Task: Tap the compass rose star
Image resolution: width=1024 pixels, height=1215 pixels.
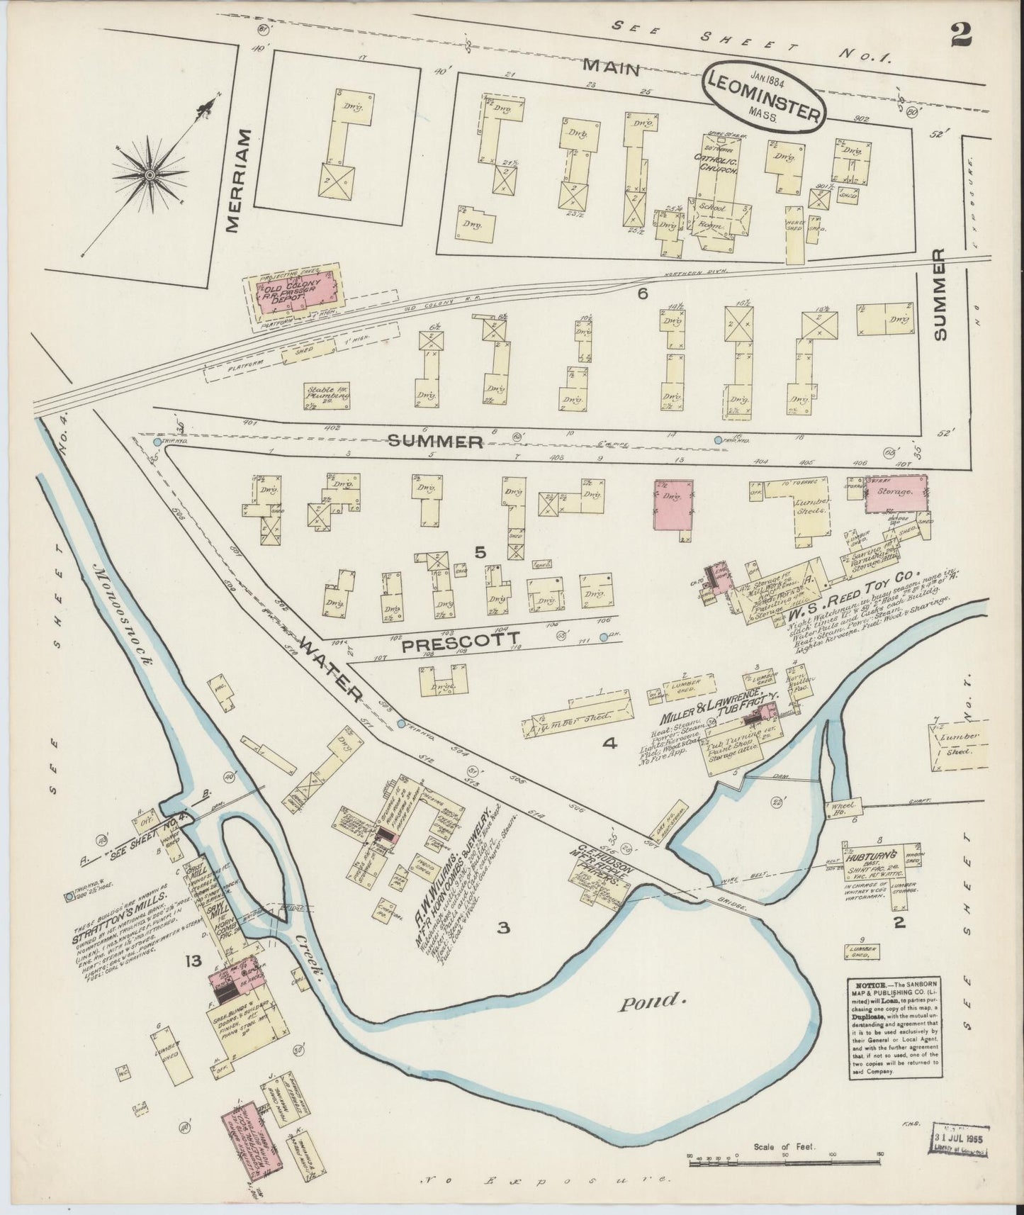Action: click(x=151, y=174)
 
